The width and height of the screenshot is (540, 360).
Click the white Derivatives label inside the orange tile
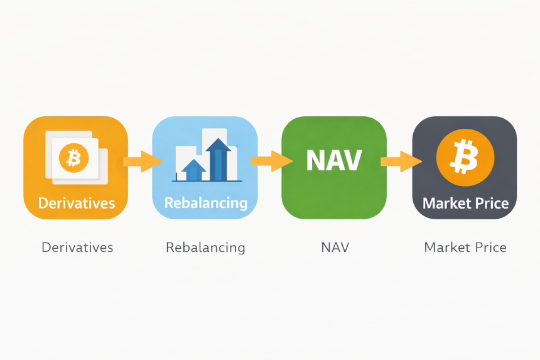[x=77, y=204]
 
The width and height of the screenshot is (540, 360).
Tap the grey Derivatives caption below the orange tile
[x=77, y=248]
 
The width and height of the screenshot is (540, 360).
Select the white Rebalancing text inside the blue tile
[x=206, y=203]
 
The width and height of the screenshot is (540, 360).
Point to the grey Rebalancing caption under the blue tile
[x=205, y=248]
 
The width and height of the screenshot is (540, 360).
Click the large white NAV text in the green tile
[x=334, y=160]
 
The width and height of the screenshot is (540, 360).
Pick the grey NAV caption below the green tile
[x=335, y=248]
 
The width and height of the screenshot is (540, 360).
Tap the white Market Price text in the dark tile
[x=466, y=204]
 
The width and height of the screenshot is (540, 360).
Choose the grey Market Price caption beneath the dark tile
[x=465, y=248]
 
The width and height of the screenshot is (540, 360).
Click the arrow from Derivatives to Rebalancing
[x=143, y=161]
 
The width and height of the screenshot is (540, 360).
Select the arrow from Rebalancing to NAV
[x=272, y=161]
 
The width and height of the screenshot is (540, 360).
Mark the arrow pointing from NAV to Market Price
[x=401, y=161]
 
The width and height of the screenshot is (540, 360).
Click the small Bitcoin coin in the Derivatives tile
[x=73, y=158]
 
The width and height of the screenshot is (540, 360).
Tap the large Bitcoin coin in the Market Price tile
[x=465, y=158]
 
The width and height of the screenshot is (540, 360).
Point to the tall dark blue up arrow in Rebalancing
[x=219, y=160]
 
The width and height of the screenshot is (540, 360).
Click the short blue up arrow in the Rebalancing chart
[x=193, y=170]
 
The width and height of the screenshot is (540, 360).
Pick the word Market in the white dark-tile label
[x=445, y=204]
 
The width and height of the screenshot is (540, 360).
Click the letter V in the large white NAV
[x=353, y=160]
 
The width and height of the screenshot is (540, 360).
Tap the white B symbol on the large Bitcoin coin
[x=465, y=156]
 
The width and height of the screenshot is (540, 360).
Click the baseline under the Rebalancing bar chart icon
[x=207, y=181]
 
